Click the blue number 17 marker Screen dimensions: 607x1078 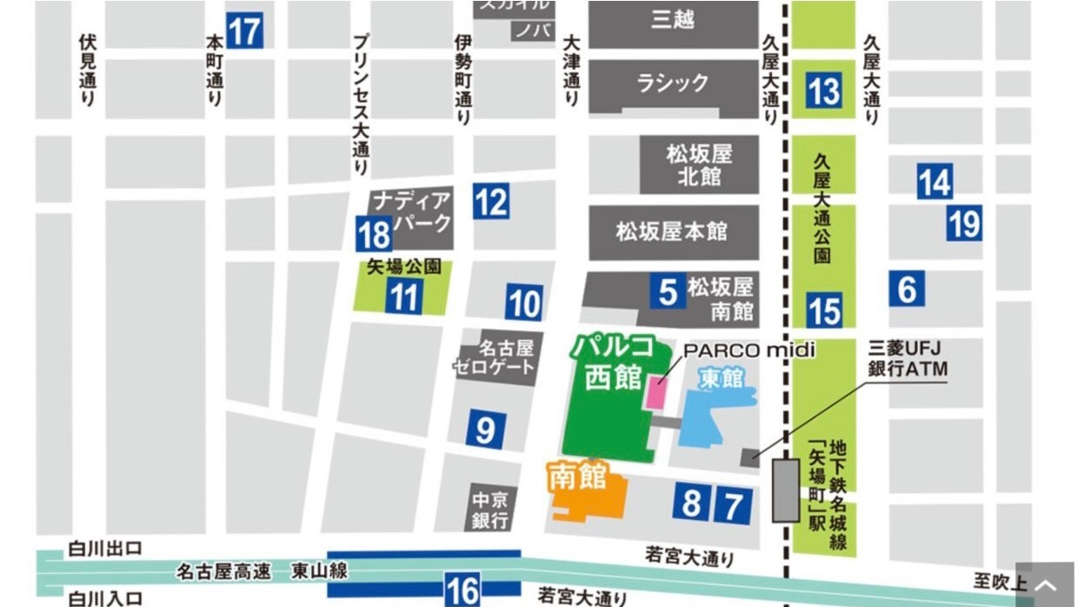tap(244, 31)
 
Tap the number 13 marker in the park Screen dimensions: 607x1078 tap(823, 90)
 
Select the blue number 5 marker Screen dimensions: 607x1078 tap(668, 292)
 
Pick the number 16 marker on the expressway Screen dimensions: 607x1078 tap(462, 590)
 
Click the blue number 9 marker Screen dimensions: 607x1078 tap(486, 429)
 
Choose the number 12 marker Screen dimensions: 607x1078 tap(491, 203)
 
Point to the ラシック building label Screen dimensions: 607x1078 tap(673, 84)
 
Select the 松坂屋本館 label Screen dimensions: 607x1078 tap(672, 232)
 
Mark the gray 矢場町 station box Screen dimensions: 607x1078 tap(786, 490)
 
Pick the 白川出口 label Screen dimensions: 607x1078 tap(105, 549)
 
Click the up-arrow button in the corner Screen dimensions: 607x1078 tap(1046, 585)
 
